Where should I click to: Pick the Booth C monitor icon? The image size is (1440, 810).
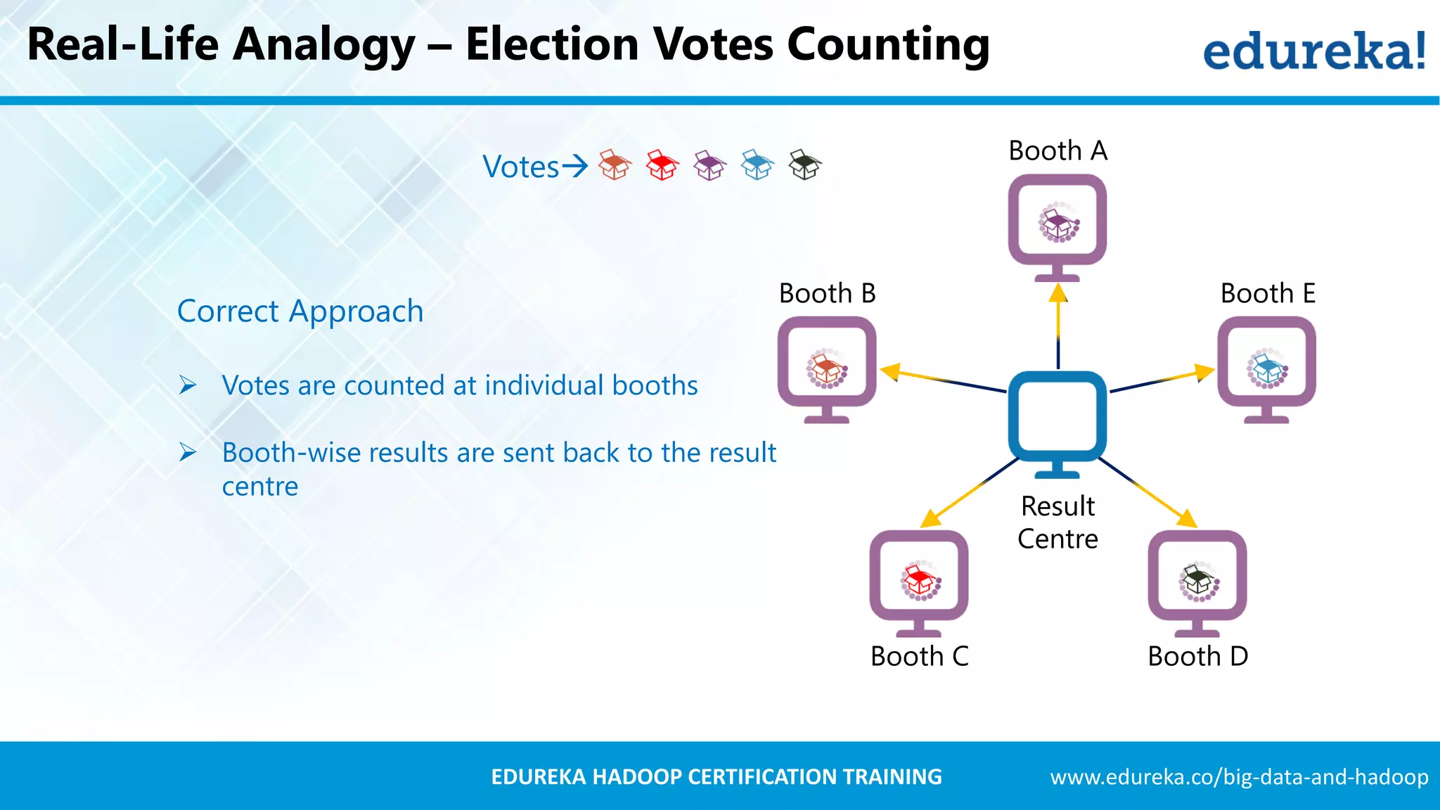pyautogui.click(x=919, y=579)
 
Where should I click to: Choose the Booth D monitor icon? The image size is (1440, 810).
pyautogui.click(x=1197, y=579)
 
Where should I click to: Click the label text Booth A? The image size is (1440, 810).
pyautogui.click(x=1057, y=150)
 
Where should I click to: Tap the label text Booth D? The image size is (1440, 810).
pyautogui.click(x=1197, y=656)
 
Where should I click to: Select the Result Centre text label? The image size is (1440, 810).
pyautogui.click(x=1057, y=522)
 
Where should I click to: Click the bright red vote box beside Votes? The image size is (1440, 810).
pyautogui.click(x=662, y=165)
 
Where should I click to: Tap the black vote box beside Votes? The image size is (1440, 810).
pyautogui.click(x=804, y=165)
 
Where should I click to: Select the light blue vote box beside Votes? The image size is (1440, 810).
pyautogui.click(x=757, y=165)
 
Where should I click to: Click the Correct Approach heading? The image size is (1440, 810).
pyautogui.click(x=300, y=311)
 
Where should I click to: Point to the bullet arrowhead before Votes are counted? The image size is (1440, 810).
pyautogui.click(x=188, y=385)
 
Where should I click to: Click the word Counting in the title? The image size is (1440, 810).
pyautogui.click(x=888, y=45)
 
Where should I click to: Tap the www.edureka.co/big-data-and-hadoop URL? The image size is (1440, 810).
pyautogui.click(x=1239, y=777)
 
